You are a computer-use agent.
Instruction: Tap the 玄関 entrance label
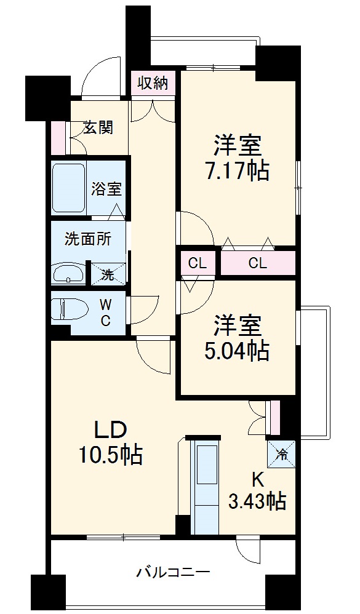click(x=98, y=128)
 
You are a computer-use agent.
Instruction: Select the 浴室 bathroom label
click(x=107, y=189)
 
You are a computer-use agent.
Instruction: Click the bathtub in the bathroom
click(x=68, y=188)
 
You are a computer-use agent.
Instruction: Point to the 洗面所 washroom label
click(x=88, y=239)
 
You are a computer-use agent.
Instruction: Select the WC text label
click(x=106, y=312)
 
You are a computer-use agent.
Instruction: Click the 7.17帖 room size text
click(x=237, y=170)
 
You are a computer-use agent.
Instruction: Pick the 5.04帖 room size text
click(x=237, y=351)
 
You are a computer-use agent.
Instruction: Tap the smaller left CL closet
click(x=197, y=264)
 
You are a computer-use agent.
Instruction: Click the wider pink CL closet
click(x=257, y=264)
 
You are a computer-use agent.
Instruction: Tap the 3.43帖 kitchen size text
click(x=257, y=502)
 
